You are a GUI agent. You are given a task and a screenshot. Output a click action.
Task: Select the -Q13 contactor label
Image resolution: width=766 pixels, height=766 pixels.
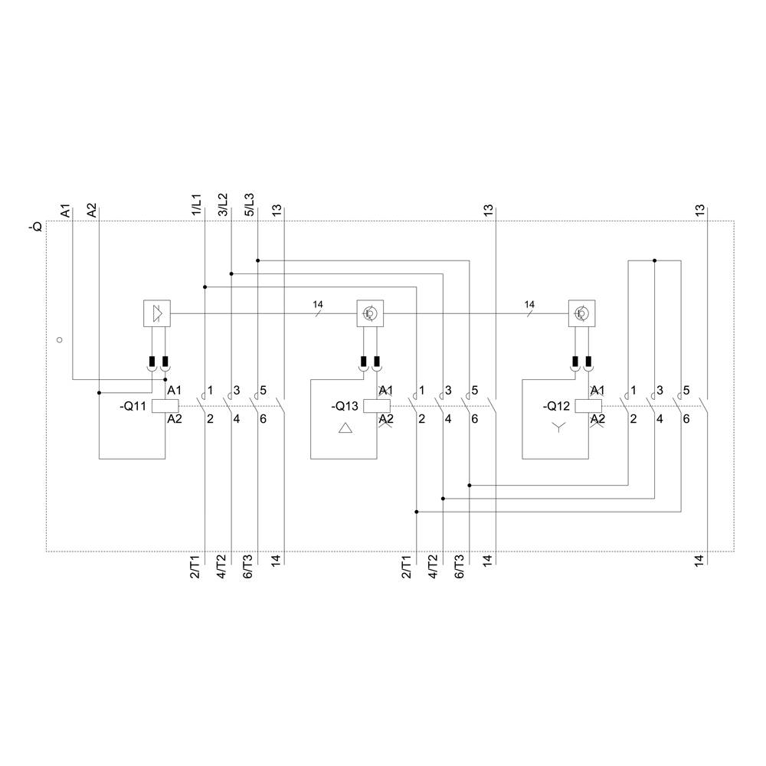tap(344, 407)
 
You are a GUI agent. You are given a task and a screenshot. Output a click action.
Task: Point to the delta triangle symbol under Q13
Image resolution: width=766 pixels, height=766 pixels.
tap(344, 429)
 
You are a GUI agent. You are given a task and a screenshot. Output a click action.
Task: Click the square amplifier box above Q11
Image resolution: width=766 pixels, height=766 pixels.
tap(157, 313)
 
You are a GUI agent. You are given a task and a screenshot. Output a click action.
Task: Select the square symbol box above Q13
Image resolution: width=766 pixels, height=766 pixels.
tap(369, 313)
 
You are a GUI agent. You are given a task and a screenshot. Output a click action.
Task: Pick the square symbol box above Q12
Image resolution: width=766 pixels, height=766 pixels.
tap(581, 313)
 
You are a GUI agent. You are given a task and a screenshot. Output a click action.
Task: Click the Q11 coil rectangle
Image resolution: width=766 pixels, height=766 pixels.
tap(165, 407)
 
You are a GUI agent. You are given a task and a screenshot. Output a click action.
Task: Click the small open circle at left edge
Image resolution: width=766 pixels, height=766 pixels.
tap(59, 339)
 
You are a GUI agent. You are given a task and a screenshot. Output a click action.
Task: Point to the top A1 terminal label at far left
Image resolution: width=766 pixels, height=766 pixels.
tap(66, 210)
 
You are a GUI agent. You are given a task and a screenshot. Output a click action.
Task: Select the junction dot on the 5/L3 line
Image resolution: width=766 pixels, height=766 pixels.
tap(258, 260)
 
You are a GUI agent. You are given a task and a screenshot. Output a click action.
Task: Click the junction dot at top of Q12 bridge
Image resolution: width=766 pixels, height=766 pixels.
tap(654, 260)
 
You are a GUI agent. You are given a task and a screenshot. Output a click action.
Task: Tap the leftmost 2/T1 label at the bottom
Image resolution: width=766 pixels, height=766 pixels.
tap(195, 568)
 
